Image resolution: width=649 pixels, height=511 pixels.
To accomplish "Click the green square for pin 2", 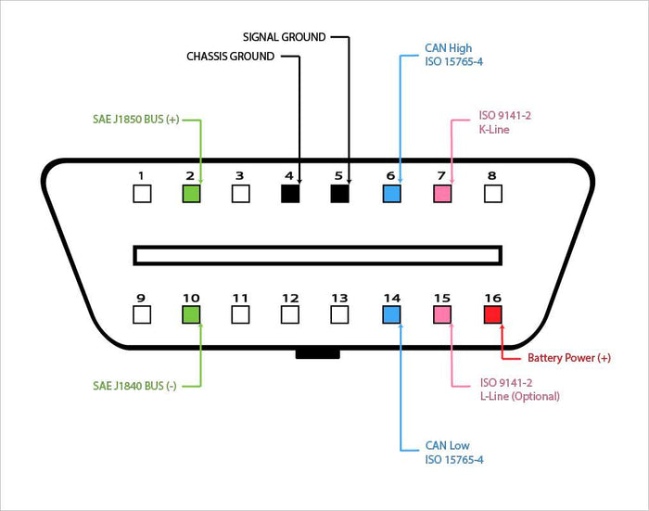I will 191,194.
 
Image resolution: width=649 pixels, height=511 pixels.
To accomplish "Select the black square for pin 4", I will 290,194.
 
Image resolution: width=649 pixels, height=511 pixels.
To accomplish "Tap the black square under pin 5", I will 339,194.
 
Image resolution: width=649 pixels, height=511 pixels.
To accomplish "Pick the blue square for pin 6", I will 391,194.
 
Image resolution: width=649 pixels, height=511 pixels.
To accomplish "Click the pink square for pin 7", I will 442,194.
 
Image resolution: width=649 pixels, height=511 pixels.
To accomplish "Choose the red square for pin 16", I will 492,314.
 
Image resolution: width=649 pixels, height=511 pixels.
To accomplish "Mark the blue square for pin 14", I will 391,314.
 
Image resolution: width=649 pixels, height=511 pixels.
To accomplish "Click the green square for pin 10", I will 191,314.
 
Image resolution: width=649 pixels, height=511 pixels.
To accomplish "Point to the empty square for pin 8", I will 492,194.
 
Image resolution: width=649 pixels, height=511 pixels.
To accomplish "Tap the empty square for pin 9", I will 141,314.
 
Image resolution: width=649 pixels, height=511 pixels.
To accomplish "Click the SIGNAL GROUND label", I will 284,37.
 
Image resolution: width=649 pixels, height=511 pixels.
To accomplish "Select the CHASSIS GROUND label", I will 231,57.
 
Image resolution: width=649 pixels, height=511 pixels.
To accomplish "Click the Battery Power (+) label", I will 569,358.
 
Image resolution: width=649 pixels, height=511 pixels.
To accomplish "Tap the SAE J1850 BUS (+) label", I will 135,121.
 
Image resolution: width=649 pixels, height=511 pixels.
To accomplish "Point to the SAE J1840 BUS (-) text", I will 134,385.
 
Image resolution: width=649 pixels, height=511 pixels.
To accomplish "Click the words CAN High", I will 449,47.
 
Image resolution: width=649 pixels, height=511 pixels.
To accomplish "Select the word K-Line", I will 494,130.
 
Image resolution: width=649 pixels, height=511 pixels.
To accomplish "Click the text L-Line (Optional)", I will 519,396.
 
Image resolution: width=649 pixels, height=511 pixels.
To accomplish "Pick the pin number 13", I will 339,298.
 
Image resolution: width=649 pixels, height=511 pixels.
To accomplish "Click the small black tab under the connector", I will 318,353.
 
